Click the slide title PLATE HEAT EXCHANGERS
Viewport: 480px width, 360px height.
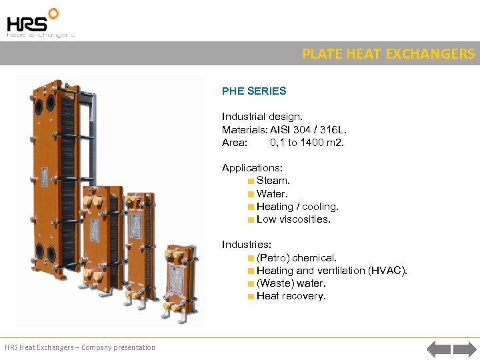point(389,54)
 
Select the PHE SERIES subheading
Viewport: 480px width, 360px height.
point(254,91)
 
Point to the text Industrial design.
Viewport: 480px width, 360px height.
point(262,117)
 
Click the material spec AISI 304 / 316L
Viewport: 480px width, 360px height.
point(308,129)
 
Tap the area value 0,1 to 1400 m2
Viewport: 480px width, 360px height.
point(307,142)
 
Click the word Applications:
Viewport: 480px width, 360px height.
point(252,168)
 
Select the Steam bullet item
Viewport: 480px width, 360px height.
point(273,181)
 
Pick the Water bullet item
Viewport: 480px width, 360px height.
point(272,194)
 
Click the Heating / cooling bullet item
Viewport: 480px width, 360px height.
point(297,207)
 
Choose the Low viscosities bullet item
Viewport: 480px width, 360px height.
point(293,219)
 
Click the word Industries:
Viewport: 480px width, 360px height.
point(247,245)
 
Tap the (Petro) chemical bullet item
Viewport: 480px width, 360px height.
point(297,258)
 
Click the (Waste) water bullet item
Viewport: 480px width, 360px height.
point(291,283)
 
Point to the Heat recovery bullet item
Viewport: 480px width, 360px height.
point(291,296)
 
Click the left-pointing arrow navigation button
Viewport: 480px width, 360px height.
point(439,348)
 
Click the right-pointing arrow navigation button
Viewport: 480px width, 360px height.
point(464,348)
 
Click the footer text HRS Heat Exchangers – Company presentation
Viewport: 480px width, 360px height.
point(80,347)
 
